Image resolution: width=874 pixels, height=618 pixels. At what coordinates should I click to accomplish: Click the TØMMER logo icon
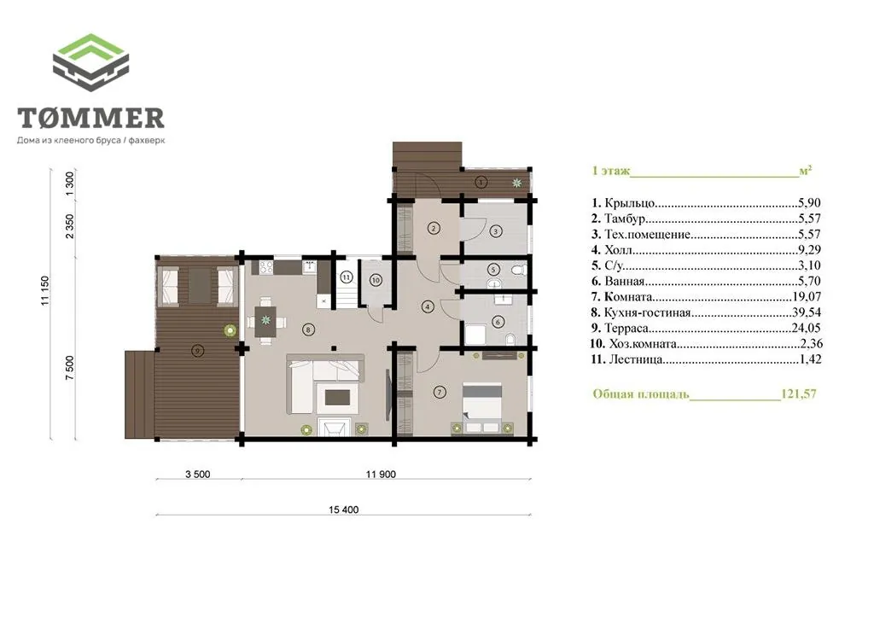90,62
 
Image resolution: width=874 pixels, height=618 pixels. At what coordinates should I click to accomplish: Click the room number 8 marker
309,329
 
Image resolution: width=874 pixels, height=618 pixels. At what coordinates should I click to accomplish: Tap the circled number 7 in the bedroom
440,393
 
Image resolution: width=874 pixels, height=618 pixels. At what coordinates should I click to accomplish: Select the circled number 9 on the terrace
197,351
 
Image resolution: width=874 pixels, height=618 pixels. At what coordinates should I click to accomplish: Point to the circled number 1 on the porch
481,182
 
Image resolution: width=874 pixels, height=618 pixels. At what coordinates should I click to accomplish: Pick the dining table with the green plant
265,321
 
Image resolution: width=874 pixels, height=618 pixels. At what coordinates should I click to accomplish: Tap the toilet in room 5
518,271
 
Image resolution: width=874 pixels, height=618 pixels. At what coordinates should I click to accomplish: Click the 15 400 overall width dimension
343,510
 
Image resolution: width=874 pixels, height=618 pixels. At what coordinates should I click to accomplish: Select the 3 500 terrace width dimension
198,475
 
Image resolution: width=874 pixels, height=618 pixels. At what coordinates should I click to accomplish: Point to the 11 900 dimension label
381,475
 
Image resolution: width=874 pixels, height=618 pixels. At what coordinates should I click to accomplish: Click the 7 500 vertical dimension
69,368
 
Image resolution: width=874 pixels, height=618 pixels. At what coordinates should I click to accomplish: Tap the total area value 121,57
798,394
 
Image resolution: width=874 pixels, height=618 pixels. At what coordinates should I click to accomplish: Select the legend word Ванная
624,281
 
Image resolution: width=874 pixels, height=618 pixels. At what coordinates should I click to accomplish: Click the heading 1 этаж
611,171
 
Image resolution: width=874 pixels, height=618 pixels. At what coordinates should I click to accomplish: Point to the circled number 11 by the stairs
347,277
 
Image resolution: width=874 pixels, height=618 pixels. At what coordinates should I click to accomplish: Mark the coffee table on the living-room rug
337,397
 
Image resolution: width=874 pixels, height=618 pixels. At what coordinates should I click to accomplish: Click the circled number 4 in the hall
428,306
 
